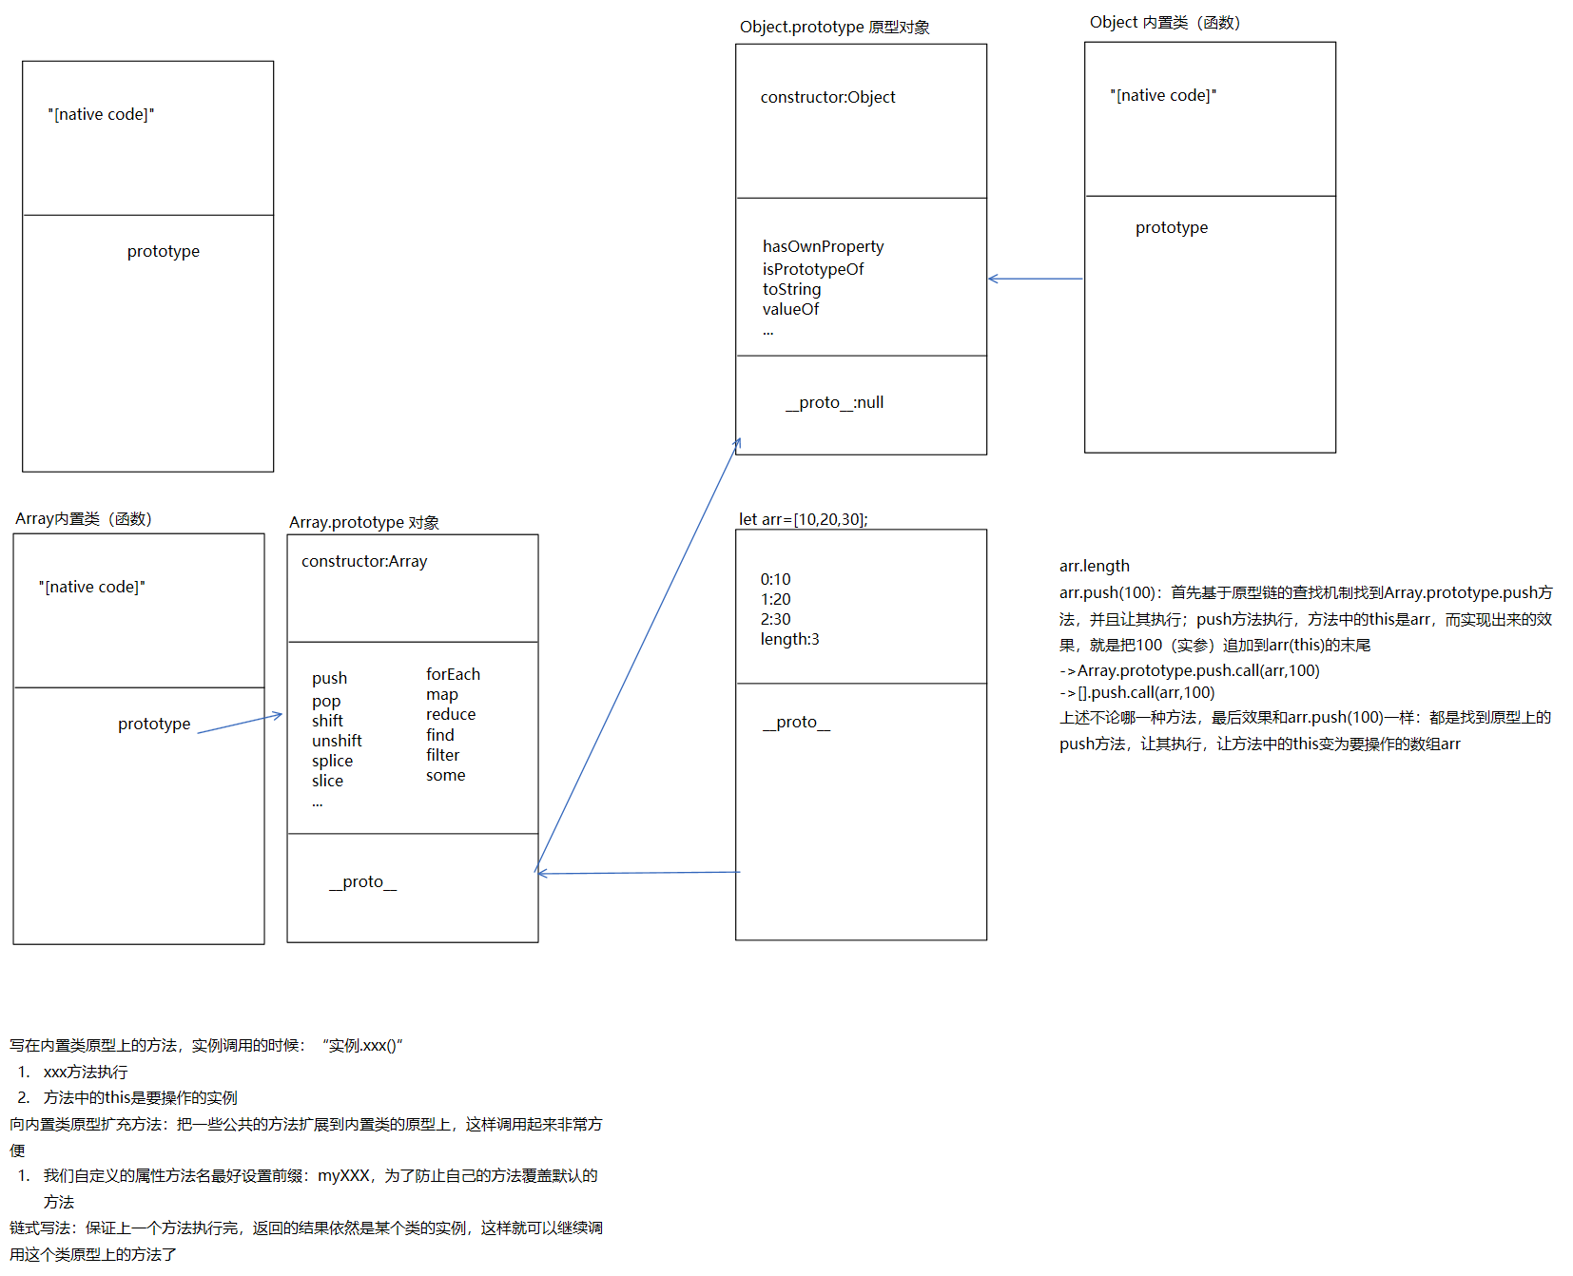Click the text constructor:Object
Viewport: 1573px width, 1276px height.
click(x=827, y=97)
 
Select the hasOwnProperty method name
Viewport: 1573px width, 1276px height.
click(x=823, y=247)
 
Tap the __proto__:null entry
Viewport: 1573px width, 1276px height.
click(x=834, y=403)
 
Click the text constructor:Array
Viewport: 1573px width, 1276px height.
click(x=364, y=562)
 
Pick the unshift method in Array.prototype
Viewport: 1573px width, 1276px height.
click(x=337, y=741)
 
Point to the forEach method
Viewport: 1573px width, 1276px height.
click(x=453, y=674)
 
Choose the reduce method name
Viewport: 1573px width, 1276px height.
click(x=451, y=714)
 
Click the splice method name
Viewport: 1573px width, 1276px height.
click(x=332, y=761)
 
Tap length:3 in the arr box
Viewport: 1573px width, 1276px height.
click(x=789, y=640)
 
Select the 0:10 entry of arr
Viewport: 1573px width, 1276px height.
click(x=775, y=579)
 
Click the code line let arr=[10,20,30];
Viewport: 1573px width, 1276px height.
click(x=803, y=519)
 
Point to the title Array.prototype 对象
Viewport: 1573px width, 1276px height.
click(x=364, y=522)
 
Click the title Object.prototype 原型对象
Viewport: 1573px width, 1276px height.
click(x=834, y=27)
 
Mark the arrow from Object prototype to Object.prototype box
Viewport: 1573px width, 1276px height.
click(x=1035, y=279)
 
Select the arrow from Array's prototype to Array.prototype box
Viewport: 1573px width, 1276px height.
click(x=239, y=724)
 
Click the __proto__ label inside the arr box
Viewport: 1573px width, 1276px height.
click(x=796, y=723)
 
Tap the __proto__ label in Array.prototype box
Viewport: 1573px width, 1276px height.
click(x=362, y=882)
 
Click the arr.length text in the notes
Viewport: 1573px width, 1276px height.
click(x=1094, y=567)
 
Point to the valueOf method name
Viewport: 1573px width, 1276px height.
click(x=790, y=309)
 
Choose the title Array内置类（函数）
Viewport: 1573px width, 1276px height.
click(x=84, y=519)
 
